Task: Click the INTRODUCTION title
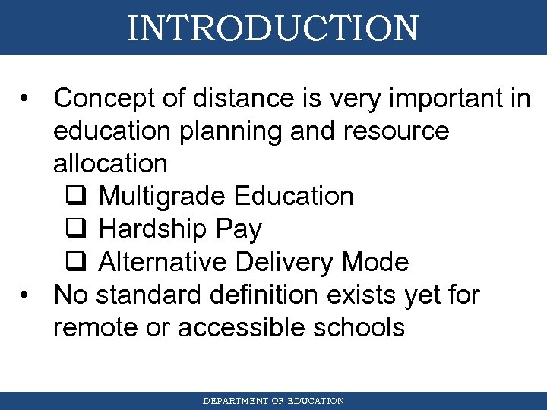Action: (x=273, y=28)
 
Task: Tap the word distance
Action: (x=229, y=98)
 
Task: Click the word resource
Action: (x=396, y=131)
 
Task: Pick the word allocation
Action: (x=110, y=163)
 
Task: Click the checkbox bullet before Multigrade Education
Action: (x=74, y=197)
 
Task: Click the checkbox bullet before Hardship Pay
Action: (x=74, y=229)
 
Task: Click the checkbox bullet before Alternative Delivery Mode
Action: (x=74, y=263)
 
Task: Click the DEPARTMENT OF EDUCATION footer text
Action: (x=273, y=401)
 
